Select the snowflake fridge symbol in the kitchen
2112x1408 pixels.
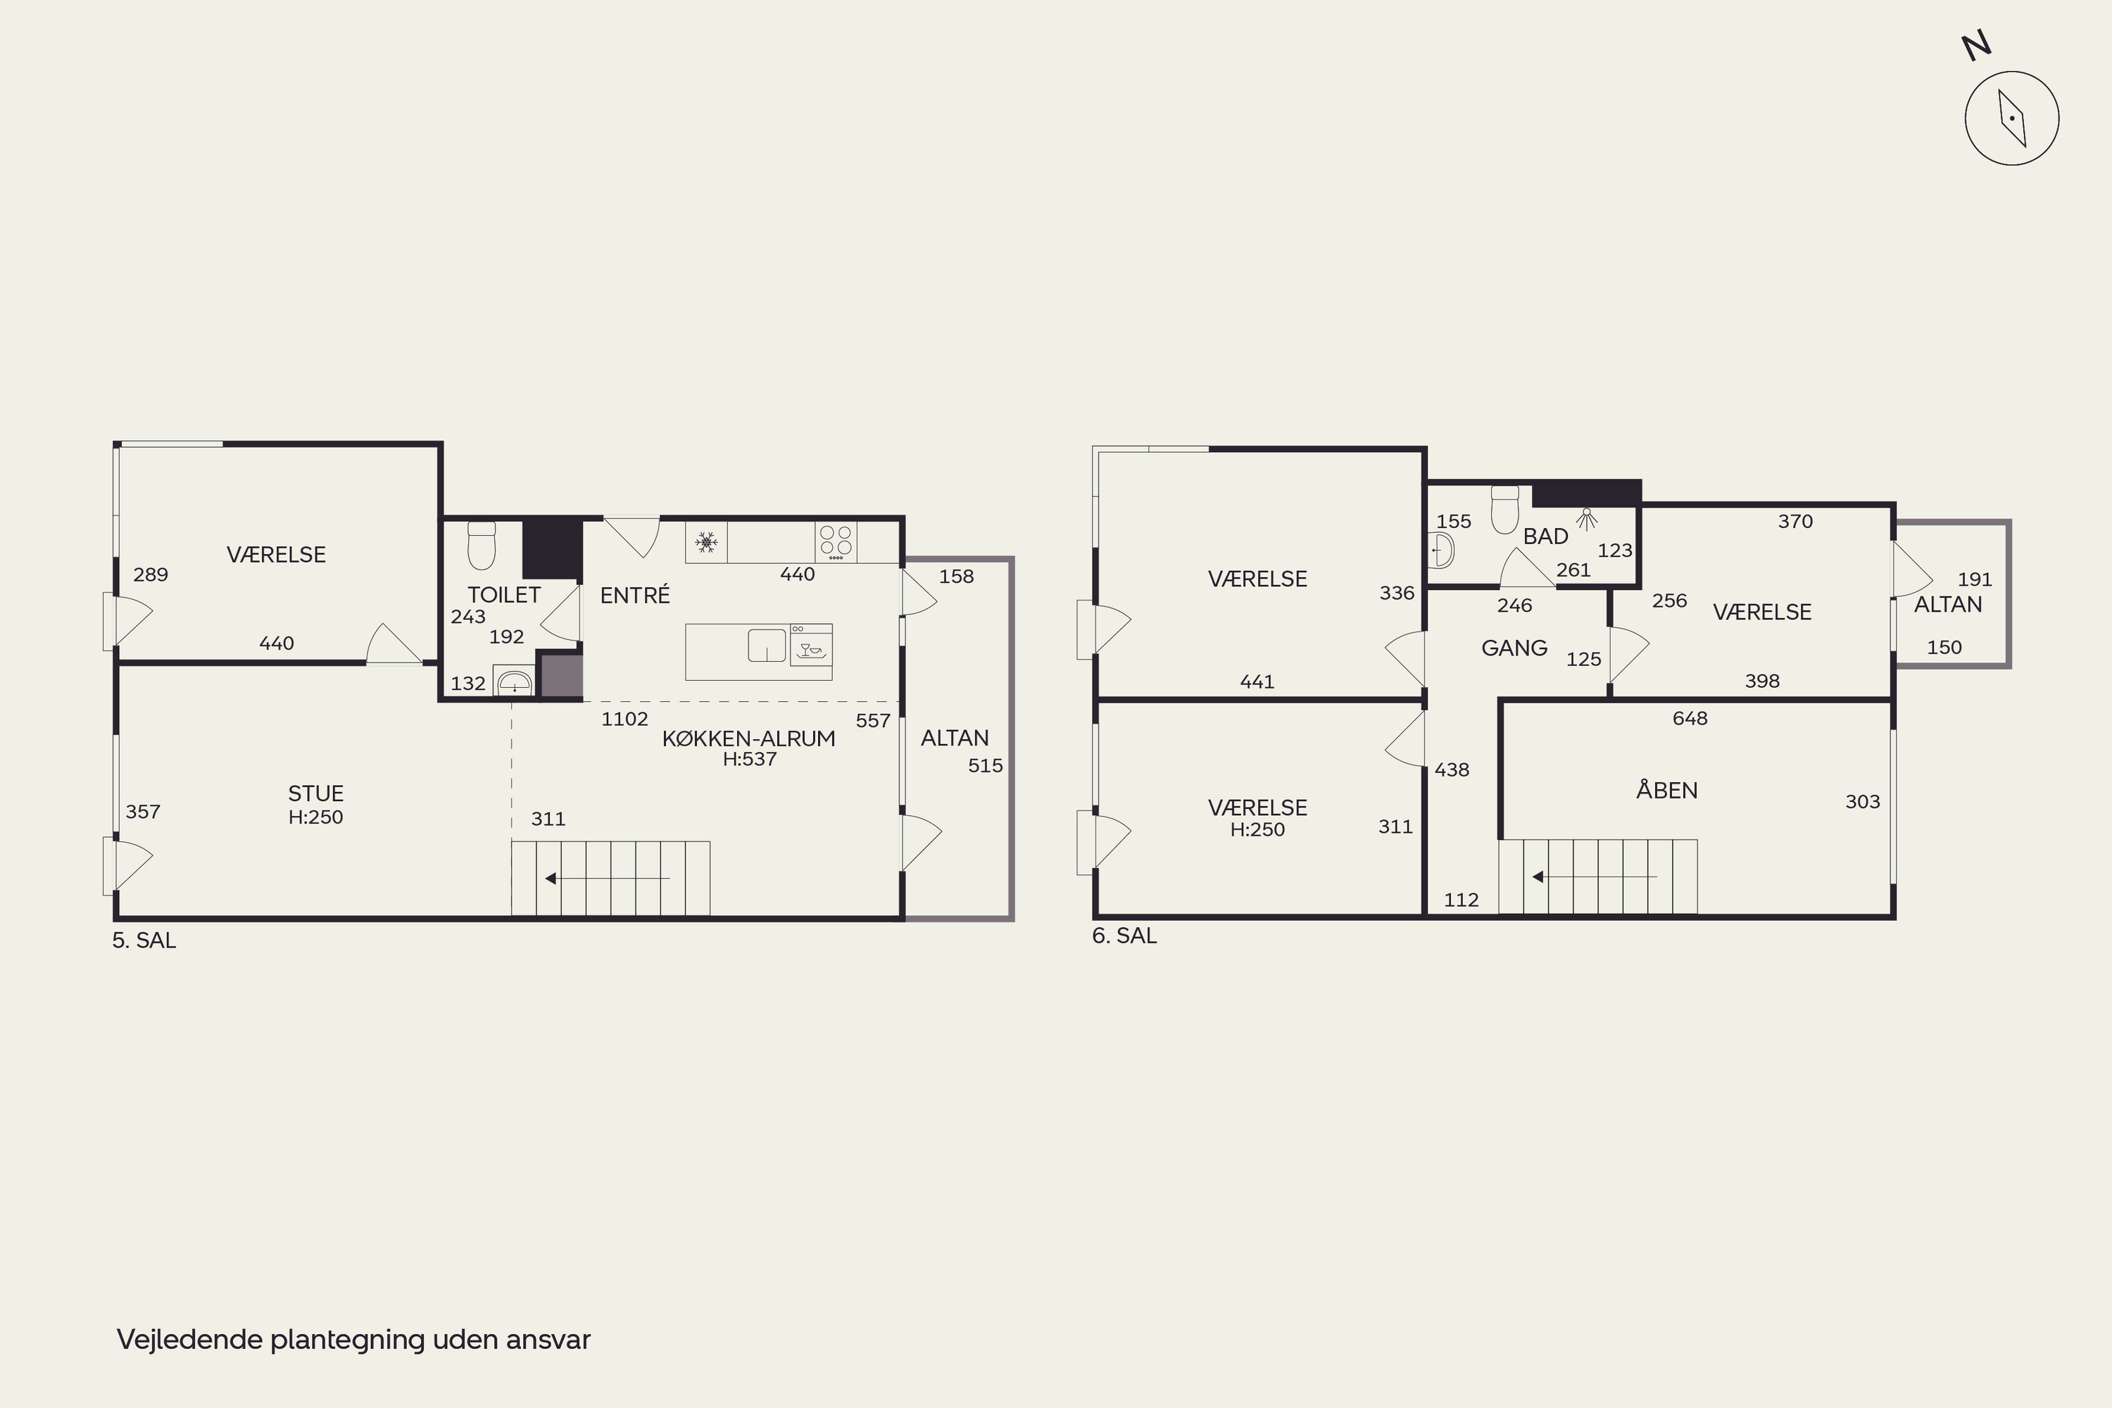pos(707,542)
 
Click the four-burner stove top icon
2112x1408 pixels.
pos(836,542)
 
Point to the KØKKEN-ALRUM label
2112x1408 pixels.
pos(749,738)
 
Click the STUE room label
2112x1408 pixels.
pos(316,793)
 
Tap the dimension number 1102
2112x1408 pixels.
pos(625,718)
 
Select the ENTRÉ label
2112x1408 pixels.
pos(635,594)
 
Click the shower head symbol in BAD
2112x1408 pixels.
pos(1588,518)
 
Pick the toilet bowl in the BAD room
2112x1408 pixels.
pos(1505,510)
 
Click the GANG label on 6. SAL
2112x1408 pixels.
pos(1514,648)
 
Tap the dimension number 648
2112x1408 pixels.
pos(1690,718)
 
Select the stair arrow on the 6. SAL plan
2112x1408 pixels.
pos(1594,876)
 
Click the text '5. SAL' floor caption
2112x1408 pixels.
pos(144,940)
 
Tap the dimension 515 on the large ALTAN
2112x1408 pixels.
pos(985,766)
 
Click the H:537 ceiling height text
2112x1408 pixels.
pos(750,759)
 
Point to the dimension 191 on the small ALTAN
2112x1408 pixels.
pos(1975,579)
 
